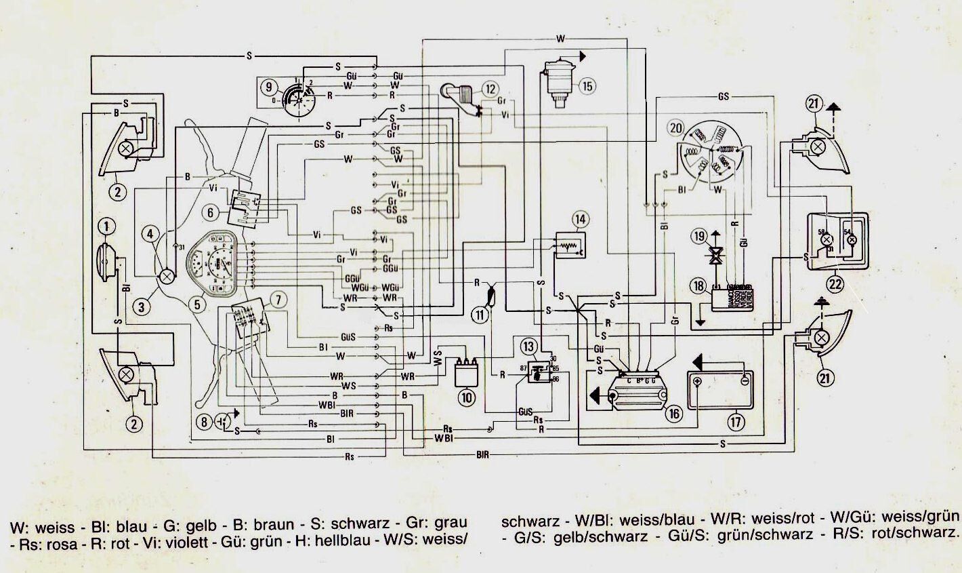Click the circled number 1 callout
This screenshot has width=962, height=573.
pyautogui.click(x=106, y=224)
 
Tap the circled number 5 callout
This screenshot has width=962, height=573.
pyautogui.click(x=196, y=304)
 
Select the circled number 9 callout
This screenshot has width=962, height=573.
pyautogui.click(x=269, y=87)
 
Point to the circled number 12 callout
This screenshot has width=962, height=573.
pyautogui.click(x=490, y=88)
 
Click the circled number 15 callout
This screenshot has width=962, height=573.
pyautogui.click(x=587, y=85)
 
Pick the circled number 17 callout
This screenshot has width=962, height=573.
pyautogui.click(x=736, y=421)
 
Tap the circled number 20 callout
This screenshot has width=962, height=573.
pyautogui.click(x=674, y=127)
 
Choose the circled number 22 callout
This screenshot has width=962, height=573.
pyautogui.click(x=835, y=285)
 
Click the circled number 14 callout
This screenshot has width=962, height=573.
pyautogui.click(x=580, y=219)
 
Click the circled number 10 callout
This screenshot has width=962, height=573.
pyautogui.click(x=467, y=399)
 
